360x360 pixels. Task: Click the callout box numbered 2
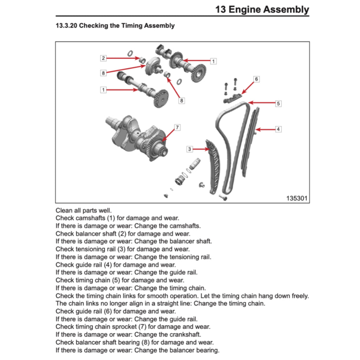point(103,58)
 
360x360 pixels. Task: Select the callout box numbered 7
point(177,127)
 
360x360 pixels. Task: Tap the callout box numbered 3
point(189,149)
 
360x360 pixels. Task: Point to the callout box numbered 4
point(278,129)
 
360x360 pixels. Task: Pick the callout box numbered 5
point(278,103)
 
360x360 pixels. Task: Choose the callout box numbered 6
point(256,79)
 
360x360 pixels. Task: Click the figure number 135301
point(297,198)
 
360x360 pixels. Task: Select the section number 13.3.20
point(66,26)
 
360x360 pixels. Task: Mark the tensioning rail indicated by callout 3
point(214,165)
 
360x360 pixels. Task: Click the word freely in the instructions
point(299,296)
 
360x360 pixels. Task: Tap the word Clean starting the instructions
point(64,211)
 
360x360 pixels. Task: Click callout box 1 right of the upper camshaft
point(213,61)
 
